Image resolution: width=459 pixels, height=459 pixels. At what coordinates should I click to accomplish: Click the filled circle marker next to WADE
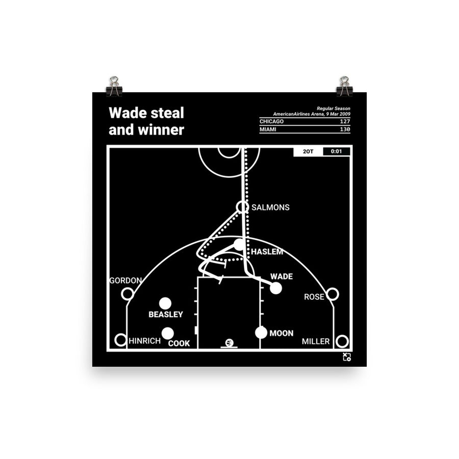tap(276, 288)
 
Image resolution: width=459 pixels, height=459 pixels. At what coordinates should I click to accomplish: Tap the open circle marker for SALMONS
tap(242, 207)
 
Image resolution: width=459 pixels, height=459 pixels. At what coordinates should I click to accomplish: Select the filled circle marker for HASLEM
tap(239, 245)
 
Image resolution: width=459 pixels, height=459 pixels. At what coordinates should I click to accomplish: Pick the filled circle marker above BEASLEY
tap(165, 303)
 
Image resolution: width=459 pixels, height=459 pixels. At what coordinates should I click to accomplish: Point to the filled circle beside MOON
tap(261, 333)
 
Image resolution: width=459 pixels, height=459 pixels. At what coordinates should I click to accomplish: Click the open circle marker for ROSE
tap(332, 294)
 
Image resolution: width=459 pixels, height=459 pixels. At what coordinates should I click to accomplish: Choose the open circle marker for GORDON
tap(127, 294)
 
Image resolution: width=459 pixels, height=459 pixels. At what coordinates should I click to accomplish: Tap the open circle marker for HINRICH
tap(121, 340)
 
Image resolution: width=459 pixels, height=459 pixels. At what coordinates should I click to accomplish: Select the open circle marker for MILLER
tap(342, 341)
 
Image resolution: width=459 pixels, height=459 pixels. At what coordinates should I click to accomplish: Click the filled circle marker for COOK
tap(168, 334)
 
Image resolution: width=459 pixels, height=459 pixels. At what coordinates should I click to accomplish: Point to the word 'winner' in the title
tap(160, 130)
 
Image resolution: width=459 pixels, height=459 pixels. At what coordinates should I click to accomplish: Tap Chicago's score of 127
tap(344, 121)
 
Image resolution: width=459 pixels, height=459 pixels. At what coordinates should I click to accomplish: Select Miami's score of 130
tap(344, 130)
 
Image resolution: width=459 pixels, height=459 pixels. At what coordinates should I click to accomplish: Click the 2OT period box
tap(308, 151)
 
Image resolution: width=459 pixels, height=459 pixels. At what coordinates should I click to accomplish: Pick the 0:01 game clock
tap(336, 151)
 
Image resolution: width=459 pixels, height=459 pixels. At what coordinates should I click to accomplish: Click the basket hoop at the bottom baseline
tap(228, 343)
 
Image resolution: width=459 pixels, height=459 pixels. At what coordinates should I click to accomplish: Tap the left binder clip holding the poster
tap(114, 86)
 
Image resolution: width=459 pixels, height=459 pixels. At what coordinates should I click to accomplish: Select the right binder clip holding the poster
tap(344, 86)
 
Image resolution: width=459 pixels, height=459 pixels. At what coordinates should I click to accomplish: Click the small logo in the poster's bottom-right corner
tap(347, 357)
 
